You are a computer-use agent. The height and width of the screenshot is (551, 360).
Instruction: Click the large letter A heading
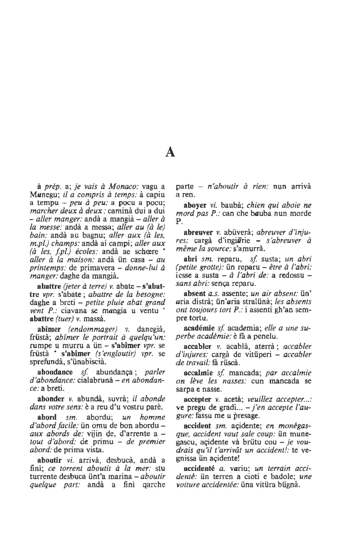click(x=170, y=152)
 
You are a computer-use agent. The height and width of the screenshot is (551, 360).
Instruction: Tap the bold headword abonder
click(x=51, y=399)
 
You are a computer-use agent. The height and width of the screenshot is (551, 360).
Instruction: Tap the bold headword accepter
click(x=198, y=399)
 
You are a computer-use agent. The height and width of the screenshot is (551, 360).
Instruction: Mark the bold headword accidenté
click(x=199, y=469)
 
